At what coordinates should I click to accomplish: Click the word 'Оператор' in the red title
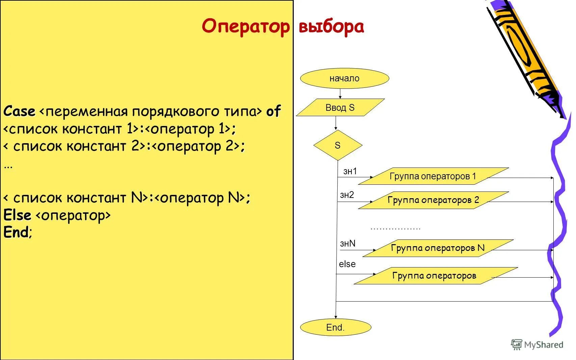[245, 26]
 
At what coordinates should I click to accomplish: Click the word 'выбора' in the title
[331, 26]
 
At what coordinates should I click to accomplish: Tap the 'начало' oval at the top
[344, 78]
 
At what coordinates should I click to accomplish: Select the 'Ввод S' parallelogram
[340, 107]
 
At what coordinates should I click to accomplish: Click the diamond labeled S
[338, 145]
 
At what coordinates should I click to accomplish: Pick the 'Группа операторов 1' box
[433, 176]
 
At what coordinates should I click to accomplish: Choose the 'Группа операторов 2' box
[433, 200]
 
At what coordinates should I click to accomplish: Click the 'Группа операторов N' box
[438, 248]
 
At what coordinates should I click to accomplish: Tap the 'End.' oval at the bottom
[335, 327]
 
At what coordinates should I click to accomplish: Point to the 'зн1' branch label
[350, 171]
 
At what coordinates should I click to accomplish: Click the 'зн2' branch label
[347, 195]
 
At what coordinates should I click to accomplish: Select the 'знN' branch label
[348, 243]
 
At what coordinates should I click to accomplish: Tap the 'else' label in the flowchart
[347, 264]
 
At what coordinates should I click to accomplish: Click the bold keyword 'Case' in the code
[19, 111]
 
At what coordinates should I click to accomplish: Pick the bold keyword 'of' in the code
[273, 111]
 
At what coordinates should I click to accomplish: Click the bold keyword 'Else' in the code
[17, 215]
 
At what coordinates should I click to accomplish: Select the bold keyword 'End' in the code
[16, 232]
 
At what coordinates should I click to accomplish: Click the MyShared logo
[537, 344]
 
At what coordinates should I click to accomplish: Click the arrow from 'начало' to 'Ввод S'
[340, 94]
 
